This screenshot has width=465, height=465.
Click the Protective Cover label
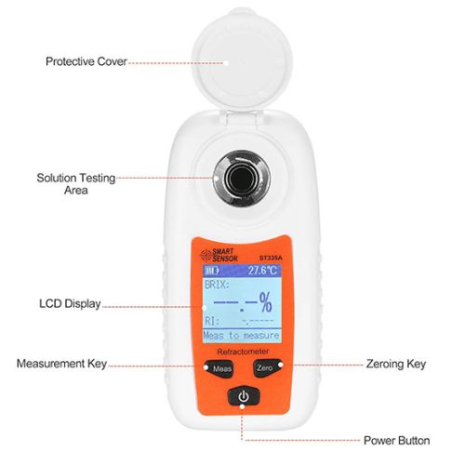click(86, 61)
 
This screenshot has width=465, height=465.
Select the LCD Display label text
click(70, 304)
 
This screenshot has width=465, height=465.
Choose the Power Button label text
click(397, 440)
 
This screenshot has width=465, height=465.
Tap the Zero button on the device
click(264, 369)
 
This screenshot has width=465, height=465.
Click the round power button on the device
click(243, 396)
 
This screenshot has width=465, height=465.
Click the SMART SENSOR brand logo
click(221, 252)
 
